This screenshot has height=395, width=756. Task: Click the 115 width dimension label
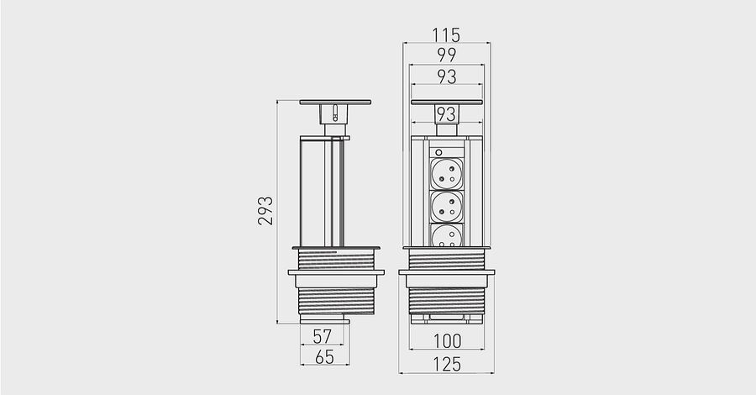[x=446, y=34]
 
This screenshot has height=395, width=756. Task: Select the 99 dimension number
[x=447, y=55]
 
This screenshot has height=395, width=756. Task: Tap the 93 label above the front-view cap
[x=447, y=76]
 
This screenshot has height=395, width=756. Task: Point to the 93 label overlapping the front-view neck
[x=446, y=114]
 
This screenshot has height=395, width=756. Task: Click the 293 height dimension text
[x=265, y=211]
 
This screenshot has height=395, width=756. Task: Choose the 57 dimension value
[x=322, y=336]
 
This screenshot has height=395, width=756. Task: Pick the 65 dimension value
[x=324, y=357]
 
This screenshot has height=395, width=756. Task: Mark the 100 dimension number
[x=448, y=341]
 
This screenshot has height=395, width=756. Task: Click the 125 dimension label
[x=447, y=364]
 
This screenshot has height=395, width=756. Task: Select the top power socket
[x=447, y=174]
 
